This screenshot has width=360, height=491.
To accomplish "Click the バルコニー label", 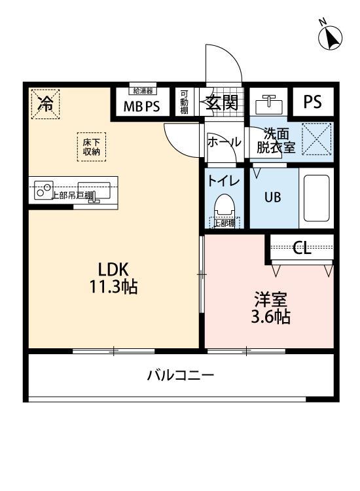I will (x=180, y=375).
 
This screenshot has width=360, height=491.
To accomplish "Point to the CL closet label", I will (x=302, y=247).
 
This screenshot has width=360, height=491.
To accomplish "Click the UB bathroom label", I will (x=272, y=196).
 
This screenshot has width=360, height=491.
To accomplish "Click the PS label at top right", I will (x=312, y=102).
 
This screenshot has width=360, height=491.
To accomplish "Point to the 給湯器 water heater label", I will (x=142, y=91).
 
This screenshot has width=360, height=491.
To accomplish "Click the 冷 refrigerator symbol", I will (x=45, y=103).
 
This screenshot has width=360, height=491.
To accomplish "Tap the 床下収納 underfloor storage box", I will (x=91, y=146).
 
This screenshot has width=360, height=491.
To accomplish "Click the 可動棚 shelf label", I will (x=185, y=102).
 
